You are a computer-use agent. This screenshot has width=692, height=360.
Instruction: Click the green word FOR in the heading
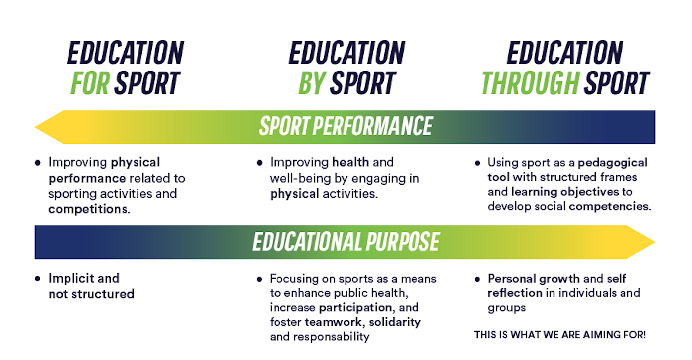pos(90,83)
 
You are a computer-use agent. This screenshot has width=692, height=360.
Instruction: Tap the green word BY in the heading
pos(312,83)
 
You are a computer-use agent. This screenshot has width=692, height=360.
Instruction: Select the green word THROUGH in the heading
pos(530,83)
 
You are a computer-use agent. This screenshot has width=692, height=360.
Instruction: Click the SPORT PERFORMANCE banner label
pos(346,126)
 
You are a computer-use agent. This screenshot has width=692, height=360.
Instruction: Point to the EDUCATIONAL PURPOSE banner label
pos(346,241)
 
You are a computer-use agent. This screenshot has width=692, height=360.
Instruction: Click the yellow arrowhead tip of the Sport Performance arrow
pos(35,127)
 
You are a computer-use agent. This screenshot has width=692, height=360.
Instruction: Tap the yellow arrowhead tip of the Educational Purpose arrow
pos(655,242)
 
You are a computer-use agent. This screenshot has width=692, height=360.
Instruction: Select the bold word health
pos(350,162)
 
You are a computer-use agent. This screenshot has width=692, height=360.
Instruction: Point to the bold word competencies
pos(609,207)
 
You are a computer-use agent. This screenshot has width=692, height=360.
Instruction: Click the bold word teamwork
pos(333,322)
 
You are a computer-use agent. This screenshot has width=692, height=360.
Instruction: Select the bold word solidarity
pos(395,322)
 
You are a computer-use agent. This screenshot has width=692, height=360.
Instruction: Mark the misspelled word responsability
pos(331,337)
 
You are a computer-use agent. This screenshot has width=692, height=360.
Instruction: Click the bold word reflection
pos(515,293)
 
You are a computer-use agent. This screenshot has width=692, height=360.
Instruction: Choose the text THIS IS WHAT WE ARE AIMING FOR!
pos(560,335)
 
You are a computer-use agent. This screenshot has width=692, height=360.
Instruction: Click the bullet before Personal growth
pos(477,280)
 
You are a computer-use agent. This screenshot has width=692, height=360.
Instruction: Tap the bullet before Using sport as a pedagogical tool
pos(477,163)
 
